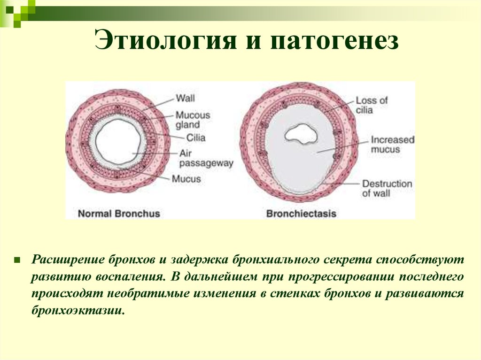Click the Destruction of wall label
click(386, 188)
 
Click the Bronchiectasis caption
click(301, 214)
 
